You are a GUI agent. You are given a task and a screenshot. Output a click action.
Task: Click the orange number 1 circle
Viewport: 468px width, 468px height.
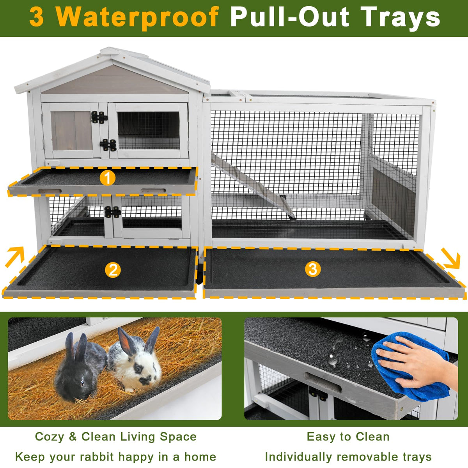click(108, 178)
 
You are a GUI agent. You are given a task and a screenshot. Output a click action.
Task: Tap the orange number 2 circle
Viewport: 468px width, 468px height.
click(113, 270)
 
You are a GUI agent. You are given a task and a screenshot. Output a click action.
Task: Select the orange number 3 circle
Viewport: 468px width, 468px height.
click(313, 269)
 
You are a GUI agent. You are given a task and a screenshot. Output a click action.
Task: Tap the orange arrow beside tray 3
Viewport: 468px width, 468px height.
click(451, 258)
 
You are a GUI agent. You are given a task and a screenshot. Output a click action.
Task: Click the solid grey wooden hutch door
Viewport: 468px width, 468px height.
click(72, 131)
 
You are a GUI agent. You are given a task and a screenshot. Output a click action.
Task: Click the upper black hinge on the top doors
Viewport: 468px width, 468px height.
click(99, 117)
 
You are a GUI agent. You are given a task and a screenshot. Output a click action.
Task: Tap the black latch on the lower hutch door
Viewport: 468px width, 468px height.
click(112, 212)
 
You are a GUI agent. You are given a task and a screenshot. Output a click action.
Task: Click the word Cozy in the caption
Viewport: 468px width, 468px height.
click(50, 423)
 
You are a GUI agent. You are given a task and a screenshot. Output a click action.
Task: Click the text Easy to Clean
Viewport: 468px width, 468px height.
click(348, 423)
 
